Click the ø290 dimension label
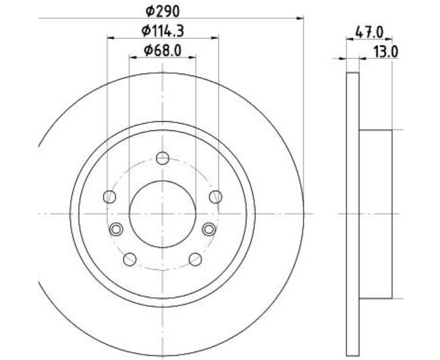tap(162, 10)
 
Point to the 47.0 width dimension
tap(369, 31)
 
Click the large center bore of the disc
tap(162, 214)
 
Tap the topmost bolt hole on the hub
tap(162, 158)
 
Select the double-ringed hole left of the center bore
tap(116, 229)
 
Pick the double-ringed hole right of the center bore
tap(209, 229)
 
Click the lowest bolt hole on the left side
tap(130, 259)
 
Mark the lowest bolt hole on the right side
tap(195, 259)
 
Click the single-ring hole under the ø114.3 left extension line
tap(110, 196)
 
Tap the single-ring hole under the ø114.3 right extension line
tap(215, 196)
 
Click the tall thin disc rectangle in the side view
tap(352, 214)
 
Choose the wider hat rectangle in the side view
tap(375, 214)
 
